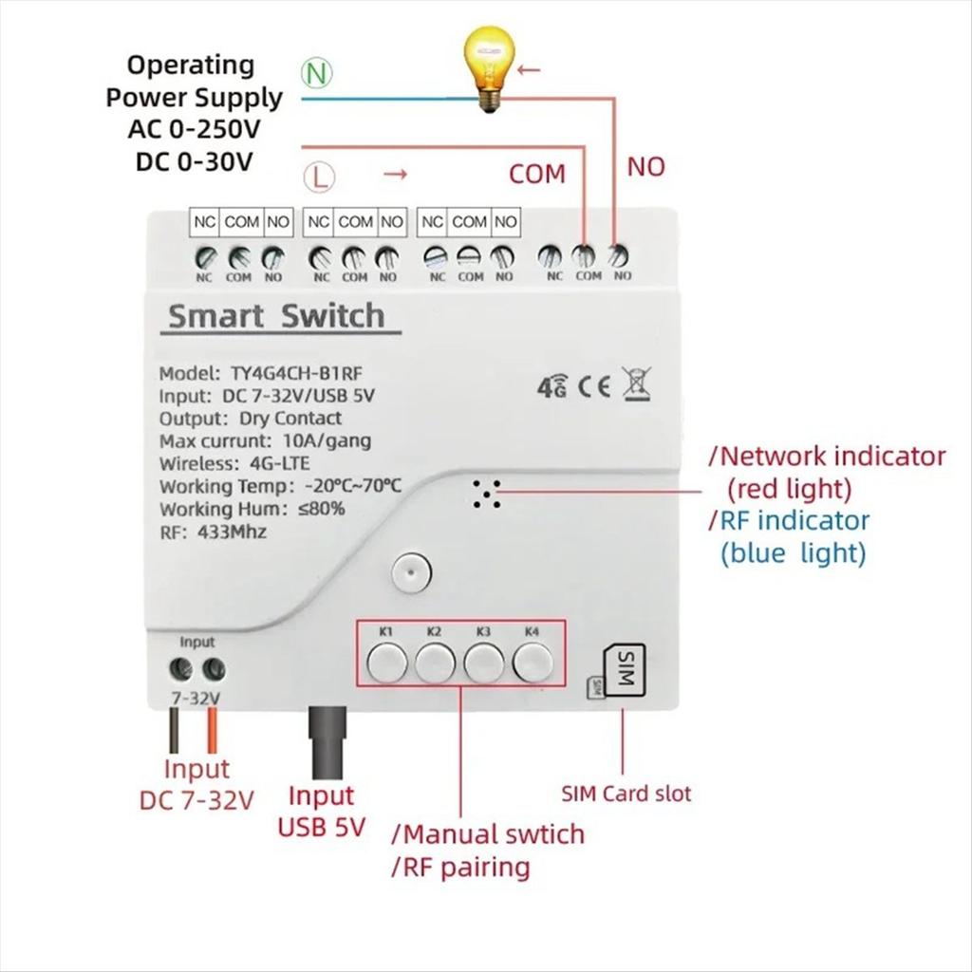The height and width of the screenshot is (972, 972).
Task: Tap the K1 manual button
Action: coord(386,662)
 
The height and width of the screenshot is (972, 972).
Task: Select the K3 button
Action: coord(484,662)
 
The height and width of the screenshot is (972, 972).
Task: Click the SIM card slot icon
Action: coord(622,671)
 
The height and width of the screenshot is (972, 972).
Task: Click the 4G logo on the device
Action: coord(551,387)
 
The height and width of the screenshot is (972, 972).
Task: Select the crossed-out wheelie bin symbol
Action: coord(636,384)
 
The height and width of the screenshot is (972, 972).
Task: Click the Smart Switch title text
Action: coord(276,316)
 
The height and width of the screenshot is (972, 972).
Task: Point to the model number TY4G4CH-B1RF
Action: coord(285,373)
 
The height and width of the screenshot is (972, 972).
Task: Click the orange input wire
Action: coord(213,732)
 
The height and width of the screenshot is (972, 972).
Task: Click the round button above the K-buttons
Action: coord(411,571)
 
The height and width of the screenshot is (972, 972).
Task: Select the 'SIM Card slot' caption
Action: coord(626,794)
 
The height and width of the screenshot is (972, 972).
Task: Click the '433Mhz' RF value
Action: coord(232,532)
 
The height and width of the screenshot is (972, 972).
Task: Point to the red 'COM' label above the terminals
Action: coord(536,174)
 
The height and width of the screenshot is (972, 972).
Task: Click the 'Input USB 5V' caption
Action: coord(321,811)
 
